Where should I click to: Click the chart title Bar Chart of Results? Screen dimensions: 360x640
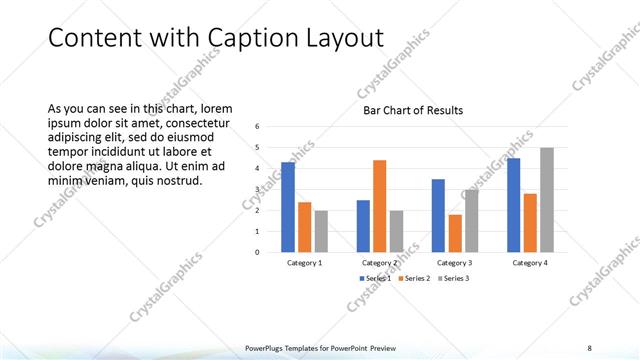pyautogui.click(x=412, y=110)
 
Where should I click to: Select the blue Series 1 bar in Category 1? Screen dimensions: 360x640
pyautogui.click(x=288, y=206)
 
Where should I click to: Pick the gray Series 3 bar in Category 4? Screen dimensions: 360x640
pyautogui.click(x=547, y=199)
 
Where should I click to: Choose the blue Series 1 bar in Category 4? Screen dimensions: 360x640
pyautogui.click(x=514, y=204)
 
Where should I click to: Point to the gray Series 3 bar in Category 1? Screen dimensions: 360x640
pyautogui.click(x=321, y=231)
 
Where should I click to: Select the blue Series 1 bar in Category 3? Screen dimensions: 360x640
pyautogui.click(x=438, y=215)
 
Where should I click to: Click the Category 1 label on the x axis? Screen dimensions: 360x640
pyautogui.click(x=304, y=263)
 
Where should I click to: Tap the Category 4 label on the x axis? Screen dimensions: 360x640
pyautogui.click(x=530, y=263)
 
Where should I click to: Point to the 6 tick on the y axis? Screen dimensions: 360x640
pyautogui.click(x=258, y=126)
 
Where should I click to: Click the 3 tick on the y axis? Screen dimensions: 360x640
pyautogui.click(x=258, y=189)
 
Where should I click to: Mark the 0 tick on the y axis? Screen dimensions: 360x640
pyautogui.click(x=258, y=252)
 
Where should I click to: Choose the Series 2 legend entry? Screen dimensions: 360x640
pyautogui.click(x=415, y=277)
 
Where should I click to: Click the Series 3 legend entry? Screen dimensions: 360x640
pyautogui.click(x=454, y=277)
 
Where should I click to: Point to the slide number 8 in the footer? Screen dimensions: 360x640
pyautogui.click(x=589, y=347)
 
